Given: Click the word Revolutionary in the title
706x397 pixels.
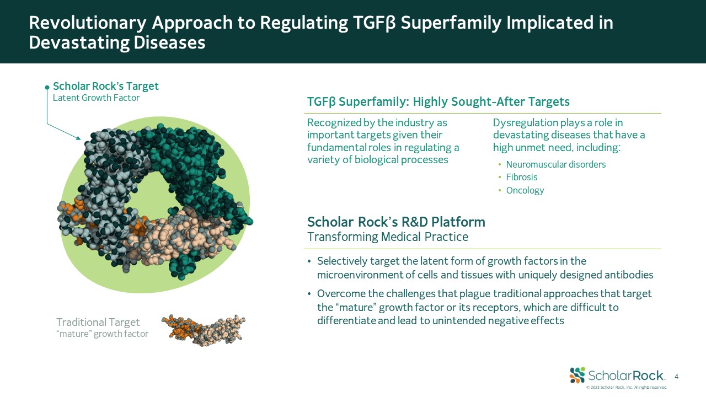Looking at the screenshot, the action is pyautogui.click(x=88, y=23).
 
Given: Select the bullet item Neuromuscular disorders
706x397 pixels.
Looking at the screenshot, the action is pyautogui.click(x=555, y=164).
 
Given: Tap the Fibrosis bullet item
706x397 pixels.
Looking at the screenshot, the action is pyautogui.click(x=522, y=177).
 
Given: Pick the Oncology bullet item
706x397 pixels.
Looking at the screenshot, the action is pyautogui.click(x=525, y=190).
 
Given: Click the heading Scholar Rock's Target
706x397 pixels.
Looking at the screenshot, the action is pyautogui.click(x=105, y=86).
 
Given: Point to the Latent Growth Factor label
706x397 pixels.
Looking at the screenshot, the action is pyautogui.click(x=96, y=98).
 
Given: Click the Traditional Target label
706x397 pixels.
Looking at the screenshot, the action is pyautogui.click(x=98, y=322).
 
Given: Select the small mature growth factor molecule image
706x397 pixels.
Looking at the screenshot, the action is pyautogui.click(x=204, y=330).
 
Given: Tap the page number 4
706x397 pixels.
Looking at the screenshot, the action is pyautogui.click(x=676, y=377).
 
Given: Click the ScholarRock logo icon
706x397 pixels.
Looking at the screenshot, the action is pyautogui.click(x=577, y=375).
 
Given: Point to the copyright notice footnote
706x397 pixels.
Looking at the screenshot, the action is pyautogui.click(x=627, y=387).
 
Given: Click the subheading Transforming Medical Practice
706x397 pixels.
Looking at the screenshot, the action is pyautogui.click(x=388, y=237).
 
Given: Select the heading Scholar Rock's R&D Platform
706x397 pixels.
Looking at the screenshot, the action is pyautogui.click(x=396, y=222).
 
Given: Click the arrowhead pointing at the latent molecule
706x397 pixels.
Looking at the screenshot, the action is pyautogui.click(x=78, y=138).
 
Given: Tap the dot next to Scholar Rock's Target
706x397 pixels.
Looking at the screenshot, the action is pyautogui.click(x=47, y=87).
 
